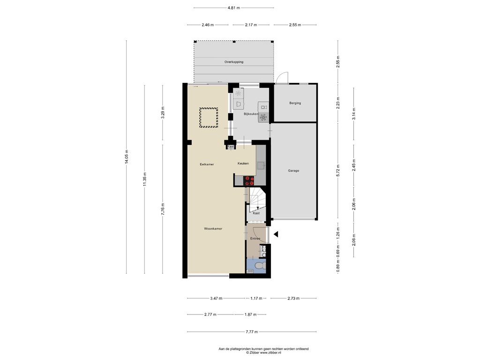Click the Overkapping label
[x=234, y=62]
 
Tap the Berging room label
[x=295, y=103]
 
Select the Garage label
[x=293, y=171]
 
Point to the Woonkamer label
[x=213, y=229]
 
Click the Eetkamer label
[x=207, y=165]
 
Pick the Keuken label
[x=243, y=164]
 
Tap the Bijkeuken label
[x=251, y=114]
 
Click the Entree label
[x=255, y=239]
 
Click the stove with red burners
[x=249, y=180]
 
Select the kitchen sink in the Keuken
[x=261, y=165]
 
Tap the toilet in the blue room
[x=260, y=265]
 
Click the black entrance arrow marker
[x=276, y=234]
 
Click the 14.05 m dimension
[x=127, y=157]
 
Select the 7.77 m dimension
[x=252, y=332]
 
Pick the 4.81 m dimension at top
[x=234, y=8]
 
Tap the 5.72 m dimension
[x=338, y=171]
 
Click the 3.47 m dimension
[x=216, y=298]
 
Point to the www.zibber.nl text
[x=270, y=352]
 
